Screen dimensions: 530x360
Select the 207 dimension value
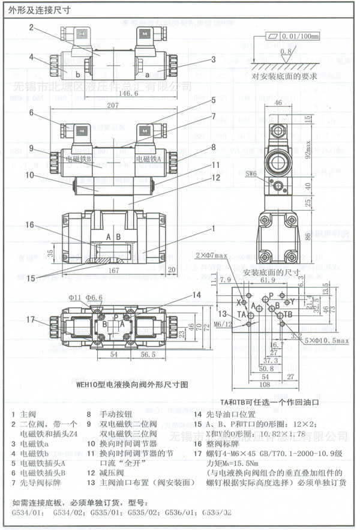112,105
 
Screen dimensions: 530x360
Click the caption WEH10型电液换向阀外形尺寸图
124,382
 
